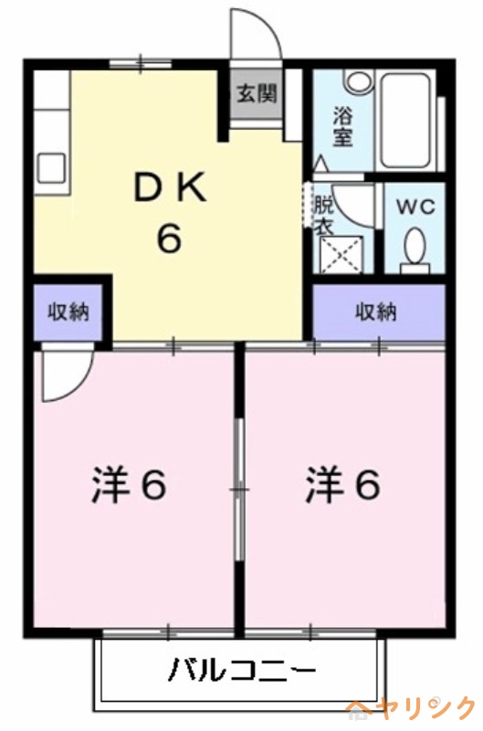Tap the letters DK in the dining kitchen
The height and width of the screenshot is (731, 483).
[171, 190]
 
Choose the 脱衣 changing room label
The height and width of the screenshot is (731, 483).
[323, 214]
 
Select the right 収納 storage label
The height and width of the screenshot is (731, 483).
[376, 312]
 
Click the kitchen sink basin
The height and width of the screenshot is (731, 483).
[51, 169]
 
